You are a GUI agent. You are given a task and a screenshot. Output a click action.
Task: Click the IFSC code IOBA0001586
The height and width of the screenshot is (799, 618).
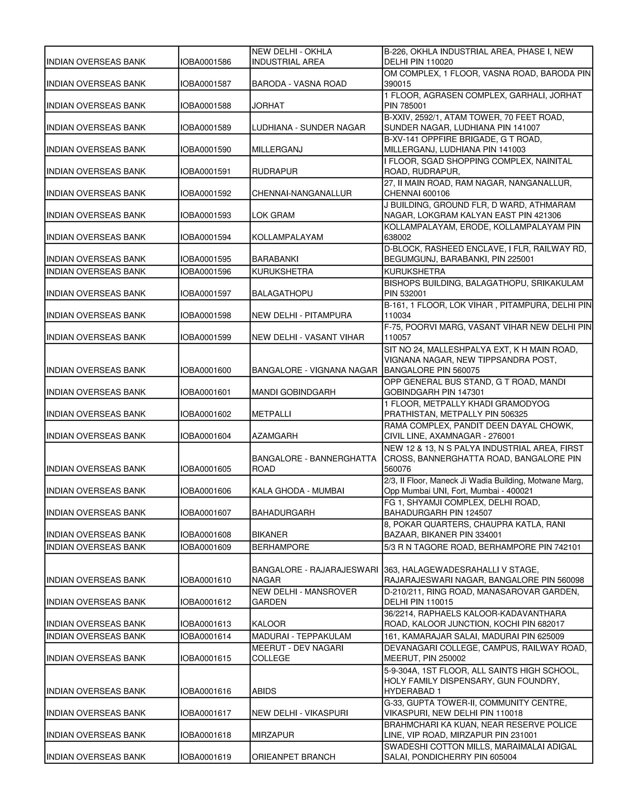tap(205, 62)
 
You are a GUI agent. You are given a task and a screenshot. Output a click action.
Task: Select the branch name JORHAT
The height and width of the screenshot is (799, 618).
tap(268, 106)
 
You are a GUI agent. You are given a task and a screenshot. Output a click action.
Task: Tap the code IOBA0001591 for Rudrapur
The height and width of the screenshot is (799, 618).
tap(205, 172)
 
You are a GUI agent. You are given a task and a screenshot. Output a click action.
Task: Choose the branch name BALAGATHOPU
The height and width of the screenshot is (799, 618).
tap(282, 293)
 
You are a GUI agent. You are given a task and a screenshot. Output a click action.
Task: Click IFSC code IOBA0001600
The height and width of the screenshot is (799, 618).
tap(205, 370)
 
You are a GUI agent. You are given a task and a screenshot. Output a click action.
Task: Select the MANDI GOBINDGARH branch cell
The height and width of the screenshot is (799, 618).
tap(294, 392)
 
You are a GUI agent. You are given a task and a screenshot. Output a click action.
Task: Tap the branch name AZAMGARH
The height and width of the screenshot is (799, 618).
tap(275, 436)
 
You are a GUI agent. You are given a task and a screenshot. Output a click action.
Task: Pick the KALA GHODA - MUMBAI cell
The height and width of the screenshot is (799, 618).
tap(298, 491)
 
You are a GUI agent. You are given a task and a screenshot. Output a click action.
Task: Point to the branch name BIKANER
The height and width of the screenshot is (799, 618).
tap(270, 535)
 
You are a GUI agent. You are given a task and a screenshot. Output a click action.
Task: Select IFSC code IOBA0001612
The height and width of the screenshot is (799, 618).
tap(205, 602)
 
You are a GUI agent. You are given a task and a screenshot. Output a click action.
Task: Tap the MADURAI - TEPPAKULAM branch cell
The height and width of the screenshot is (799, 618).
tap(301, 636)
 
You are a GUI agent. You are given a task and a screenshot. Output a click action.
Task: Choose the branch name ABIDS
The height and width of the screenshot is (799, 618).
tap(264, 691)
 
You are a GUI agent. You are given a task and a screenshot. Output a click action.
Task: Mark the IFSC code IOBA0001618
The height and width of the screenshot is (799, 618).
tap(205, 735)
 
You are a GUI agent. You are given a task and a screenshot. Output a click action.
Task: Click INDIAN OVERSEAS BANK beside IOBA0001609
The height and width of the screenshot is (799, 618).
tap(96, 547)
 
